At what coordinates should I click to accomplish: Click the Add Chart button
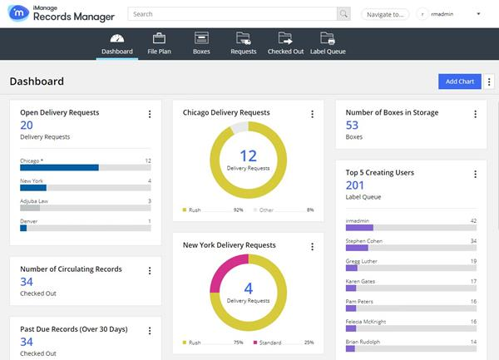tap(459, 81)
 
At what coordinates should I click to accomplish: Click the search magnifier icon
tap(343, 14)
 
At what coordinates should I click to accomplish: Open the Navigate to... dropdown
tap(385, 14)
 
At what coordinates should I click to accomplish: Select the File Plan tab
tap(159, 42)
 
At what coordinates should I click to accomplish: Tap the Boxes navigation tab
tap(201, 42)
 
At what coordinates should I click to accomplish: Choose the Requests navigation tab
tap(243, 42)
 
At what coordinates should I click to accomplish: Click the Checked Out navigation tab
tap(285, 42)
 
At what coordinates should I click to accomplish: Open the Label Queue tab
tap(328, 42)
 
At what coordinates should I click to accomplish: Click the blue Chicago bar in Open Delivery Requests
tap(59, 167)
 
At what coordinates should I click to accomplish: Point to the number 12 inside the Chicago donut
tap(248, 155)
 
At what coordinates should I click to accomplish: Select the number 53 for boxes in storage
tap(352, 126)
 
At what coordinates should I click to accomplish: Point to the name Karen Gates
tap(361, 282)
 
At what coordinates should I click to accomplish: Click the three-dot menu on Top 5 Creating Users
tap(475, 174)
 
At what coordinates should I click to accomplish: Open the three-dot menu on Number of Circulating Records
tap(149, 270)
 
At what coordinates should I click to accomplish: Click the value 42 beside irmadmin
tap(472, 220)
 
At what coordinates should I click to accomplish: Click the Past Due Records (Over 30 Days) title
tap(73, 329)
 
